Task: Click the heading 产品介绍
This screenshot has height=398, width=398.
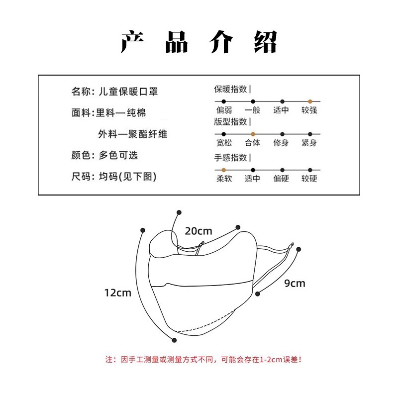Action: coord(199,42)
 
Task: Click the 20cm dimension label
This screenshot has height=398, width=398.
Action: coord(199,231)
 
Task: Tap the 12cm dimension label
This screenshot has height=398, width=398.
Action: coord(118,293)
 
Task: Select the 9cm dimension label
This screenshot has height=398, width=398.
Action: coord(295,284)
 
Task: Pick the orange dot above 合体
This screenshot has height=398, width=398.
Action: coord(253,134)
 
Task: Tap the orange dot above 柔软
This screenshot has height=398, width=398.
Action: coord(224,170)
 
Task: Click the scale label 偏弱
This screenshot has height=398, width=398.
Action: coord(224,110)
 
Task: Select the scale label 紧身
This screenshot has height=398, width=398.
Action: coord(309,143)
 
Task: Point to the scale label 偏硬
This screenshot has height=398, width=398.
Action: coord(281,179)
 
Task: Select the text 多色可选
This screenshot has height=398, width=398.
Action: coord(118,155)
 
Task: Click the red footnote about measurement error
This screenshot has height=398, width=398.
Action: coord(203,359)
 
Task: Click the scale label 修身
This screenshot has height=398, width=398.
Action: coord(281,143)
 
